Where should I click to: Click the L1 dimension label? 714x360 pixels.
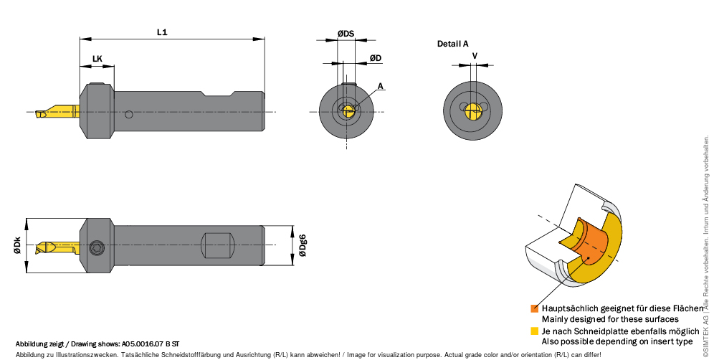point(162,32)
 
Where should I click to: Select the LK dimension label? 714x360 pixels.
point(97,59)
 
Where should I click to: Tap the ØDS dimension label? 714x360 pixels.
point(346,34)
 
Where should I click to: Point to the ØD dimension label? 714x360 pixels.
point(376,58)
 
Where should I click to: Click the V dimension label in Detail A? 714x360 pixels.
point(475,56)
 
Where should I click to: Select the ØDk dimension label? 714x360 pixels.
point(17,245)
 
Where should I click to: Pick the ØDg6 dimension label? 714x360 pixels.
point(303,245)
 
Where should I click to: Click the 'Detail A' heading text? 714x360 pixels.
point(452,44)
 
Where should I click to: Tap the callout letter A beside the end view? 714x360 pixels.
point(380,86)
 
